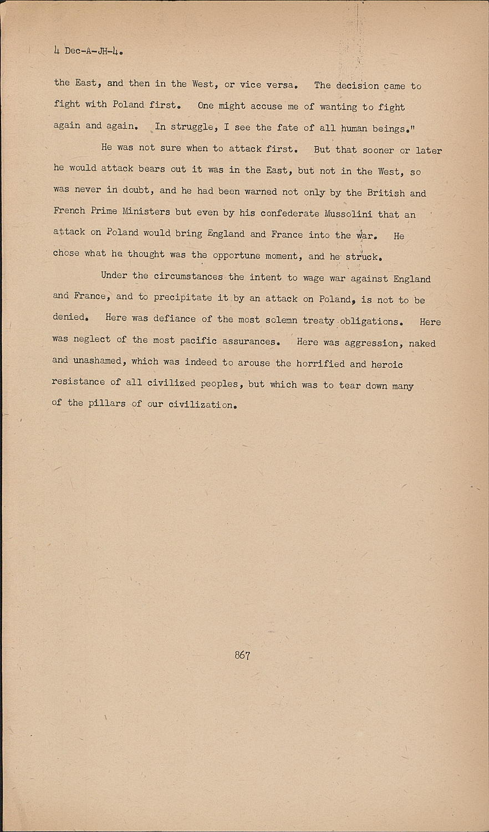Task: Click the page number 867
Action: pyautogui.click(x=242, y=655)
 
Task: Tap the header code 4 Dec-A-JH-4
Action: pyautogui.click(x=88, y=52)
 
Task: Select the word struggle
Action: pyautogui.click(x=192, y=127)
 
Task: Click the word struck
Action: pyautogui.click(x=362, y=257)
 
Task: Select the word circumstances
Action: pyautogui.click(x=188, y=276)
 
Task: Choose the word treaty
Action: pyautogui.click(x=318, y=321)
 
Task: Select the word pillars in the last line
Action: pyautogui.click(x=107, y=403)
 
